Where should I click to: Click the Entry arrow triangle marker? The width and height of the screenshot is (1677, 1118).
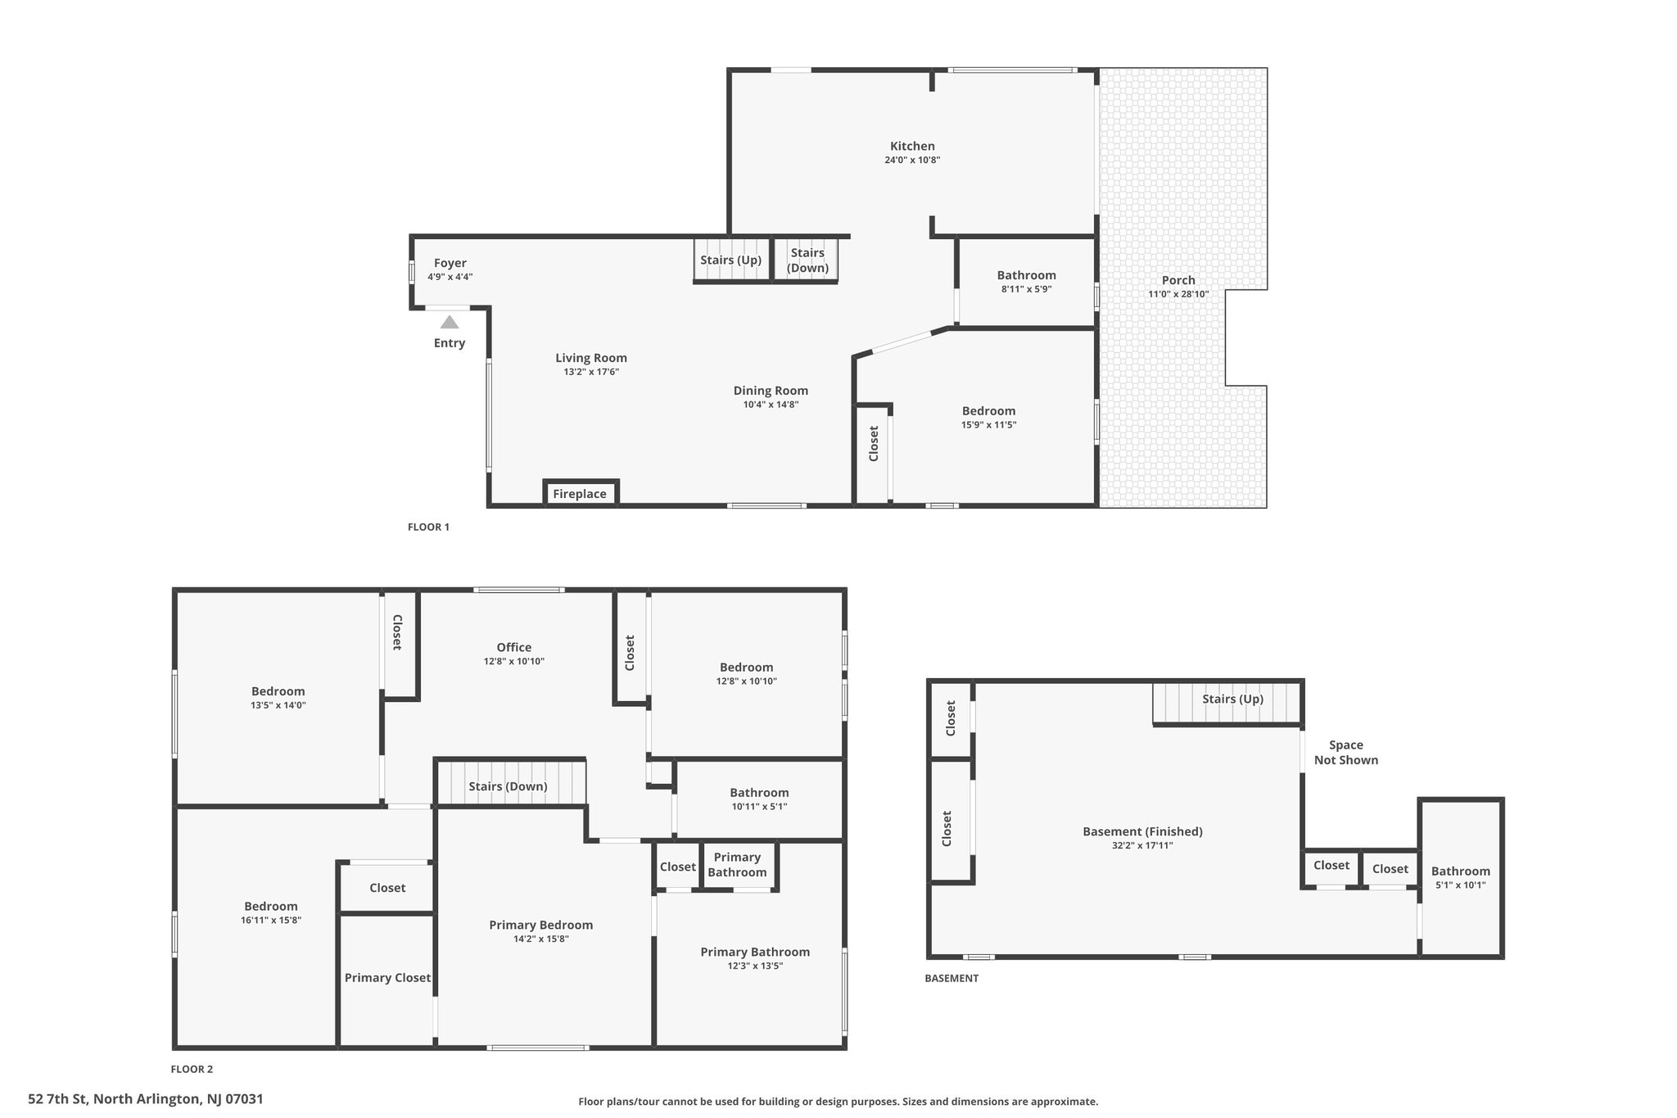(450, 322)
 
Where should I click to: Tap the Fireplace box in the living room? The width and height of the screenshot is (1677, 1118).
(580, 494)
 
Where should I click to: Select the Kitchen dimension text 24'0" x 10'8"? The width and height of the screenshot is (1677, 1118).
(912, 161)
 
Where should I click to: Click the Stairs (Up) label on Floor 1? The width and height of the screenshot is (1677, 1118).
(730, 260)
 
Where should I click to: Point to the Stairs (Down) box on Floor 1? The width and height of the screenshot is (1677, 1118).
(807, 260)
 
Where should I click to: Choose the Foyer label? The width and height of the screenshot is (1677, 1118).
(450, 263)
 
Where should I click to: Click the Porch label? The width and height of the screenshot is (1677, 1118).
(1178, 280)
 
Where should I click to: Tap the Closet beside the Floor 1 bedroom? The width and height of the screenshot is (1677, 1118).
(873, 443)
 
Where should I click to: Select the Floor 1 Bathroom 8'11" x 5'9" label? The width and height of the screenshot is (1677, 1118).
(1026, 275)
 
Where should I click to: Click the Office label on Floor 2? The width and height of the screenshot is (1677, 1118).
(513, 647)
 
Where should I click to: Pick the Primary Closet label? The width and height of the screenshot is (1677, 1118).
(387, 977)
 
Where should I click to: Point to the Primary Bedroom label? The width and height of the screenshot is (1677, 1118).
(540, 925)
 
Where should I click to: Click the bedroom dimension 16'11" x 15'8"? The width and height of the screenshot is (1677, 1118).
(270, 920)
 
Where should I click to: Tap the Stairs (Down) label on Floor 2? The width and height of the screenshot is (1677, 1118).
(508, 786)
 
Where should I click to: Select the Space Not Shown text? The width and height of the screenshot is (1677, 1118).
(1345, 752)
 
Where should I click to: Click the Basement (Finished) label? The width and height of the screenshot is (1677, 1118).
(1142, 831)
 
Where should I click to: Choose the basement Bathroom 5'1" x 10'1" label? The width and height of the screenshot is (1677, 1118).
(1460, 871)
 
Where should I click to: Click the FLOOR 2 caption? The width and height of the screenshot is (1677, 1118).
(192, 1069)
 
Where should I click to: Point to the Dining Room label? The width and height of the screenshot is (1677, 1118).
(770, 391)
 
